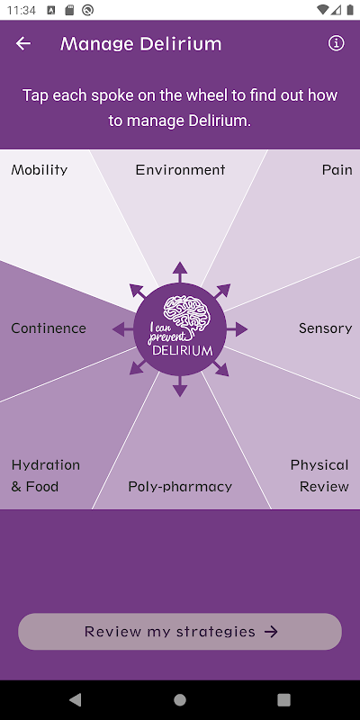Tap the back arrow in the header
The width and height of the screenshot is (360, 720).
pos(23,43)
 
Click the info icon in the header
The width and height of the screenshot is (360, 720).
pos(336,43)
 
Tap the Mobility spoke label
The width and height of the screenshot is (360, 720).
pos(40,170)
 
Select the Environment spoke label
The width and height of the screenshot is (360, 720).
pos(181,170)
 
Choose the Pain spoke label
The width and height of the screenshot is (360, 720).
pos(337,170)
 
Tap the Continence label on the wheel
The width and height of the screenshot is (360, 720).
pos(49,328)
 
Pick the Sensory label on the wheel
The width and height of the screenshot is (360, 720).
pos(326,328)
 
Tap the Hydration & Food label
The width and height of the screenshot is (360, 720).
pos(46,476)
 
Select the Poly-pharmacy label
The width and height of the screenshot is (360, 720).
pos(180,487)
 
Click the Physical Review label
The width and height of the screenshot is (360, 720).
pos(320,476)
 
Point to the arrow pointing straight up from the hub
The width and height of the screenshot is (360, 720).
pos(180,272)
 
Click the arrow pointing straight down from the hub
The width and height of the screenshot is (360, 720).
pos(180,386)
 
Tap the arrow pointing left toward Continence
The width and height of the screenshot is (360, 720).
pos(122,328)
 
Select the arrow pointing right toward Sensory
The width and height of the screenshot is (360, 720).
pos(237,328)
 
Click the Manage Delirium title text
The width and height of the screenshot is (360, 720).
pos(141,44)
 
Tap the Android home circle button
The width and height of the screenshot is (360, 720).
pos(180,699)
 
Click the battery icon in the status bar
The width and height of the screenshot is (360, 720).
pos(350,10)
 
